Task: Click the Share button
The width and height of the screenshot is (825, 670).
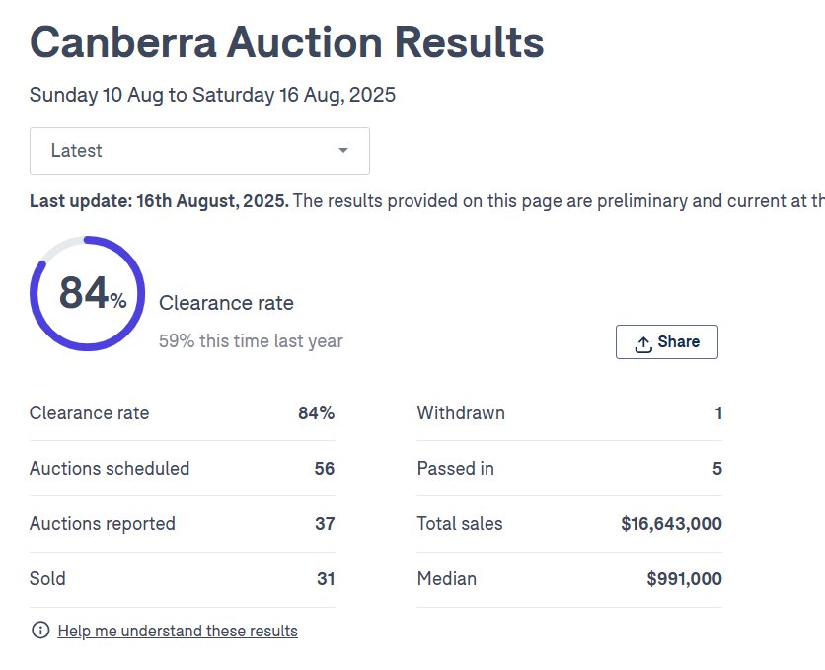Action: point(667,342)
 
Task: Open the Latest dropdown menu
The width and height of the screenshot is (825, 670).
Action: point(199,151)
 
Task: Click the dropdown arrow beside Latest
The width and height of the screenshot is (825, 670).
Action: point(343,151)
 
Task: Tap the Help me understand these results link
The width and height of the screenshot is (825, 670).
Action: point(178,631)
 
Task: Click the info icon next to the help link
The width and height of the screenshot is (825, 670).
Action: point(40,631)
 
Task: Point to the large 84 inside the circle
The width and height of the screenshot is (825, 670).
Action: point(84,293)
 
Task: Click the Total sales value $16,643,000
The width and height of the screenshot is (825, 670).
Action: point(671,524)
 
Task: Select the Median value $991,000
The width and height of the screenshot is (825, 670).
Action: point(684,579)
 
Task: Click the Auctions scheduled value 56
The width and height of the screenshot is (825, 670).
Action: point(325,469)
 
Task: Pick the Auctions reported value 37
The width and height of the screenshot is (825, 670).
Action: point(325,524)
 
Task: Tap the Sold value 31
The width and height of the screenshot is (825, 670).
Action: point(326,579)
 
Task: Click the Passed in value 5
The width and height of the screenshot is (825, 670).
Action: point(717,469)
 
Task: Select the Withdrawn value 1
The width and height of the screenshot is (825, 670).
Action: point(718,413)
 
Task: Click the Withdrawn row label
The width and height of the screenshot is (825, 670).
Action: point(461,413)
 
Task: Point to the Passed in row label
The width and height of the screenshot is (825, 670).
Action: point(456,469)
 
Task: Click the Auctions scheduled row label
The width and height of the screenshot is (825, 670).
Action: point(110,469)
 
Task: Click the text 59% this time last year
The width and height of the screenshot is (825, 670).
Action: point(251,341)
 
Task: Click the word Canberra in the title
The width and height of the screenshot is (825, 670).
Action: point(122,43)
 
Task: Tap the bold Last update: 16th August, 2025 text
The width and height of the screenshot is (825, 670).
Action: point(159,201)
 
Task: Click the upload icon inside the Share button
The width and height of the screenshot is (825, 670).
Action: point(643,343)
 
